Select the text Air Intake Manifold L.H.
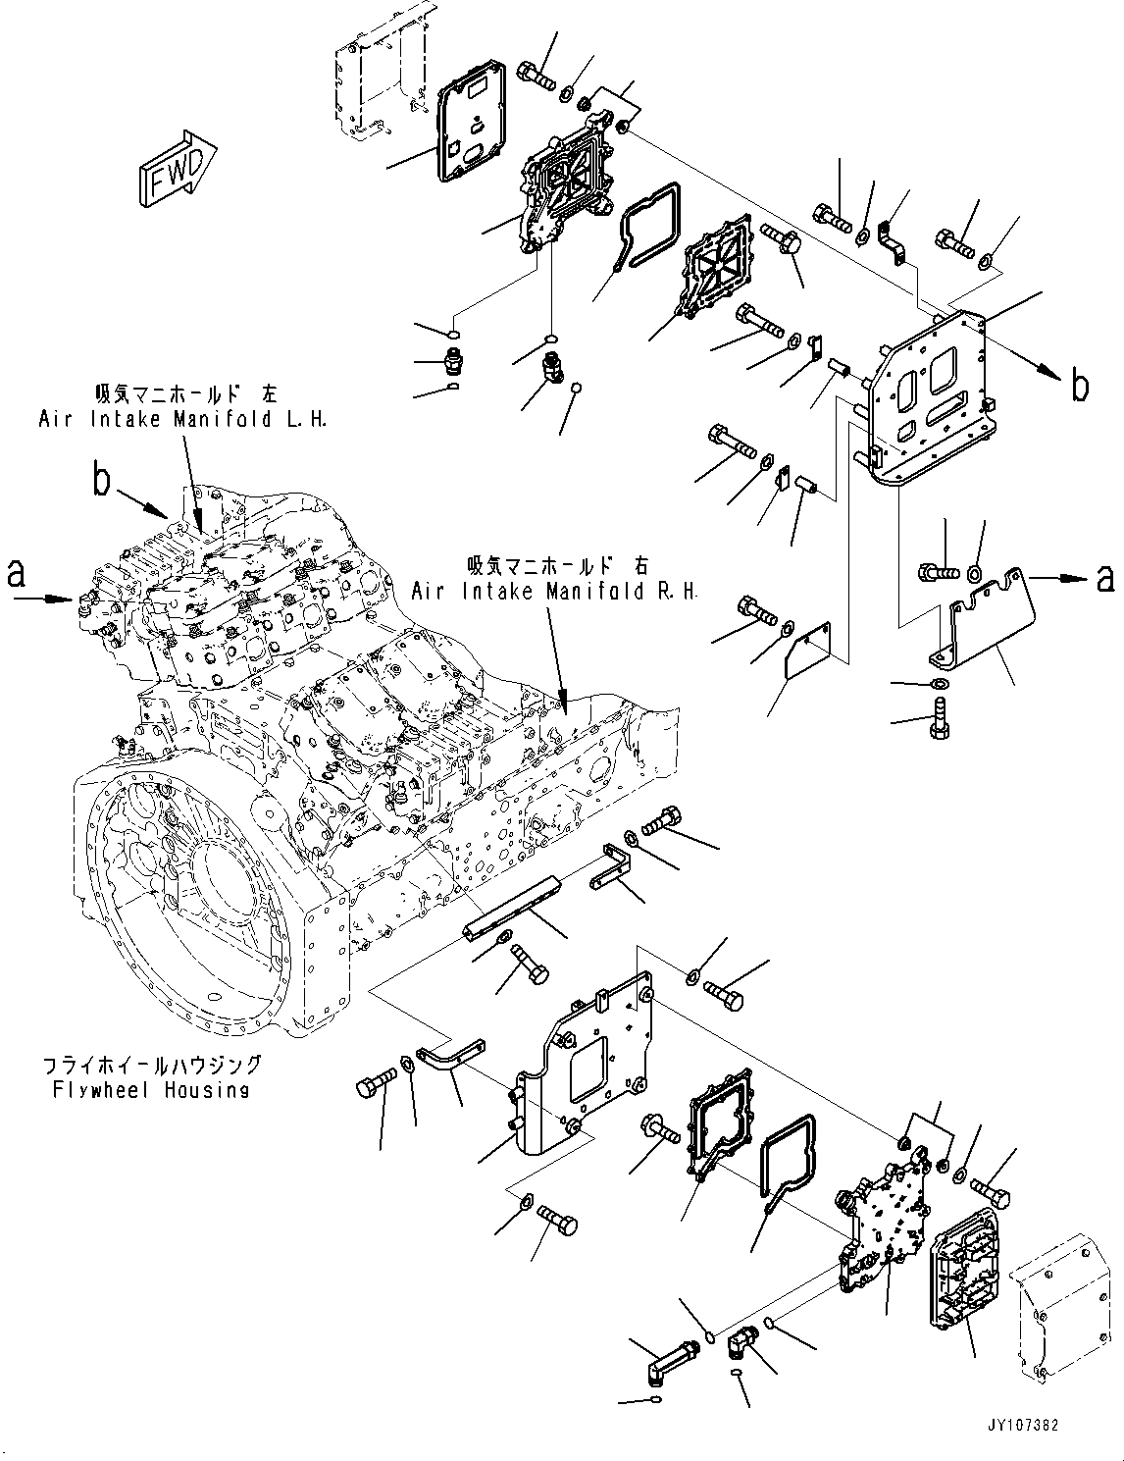(182, 419)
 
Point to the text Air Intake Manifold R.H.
(554, 591)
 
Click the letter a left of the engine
(17, 573)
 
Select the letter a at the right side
(1104, 579)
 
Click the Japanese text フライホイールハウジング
(151, 1065)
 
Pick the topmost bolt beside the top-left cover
(535, 75)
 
